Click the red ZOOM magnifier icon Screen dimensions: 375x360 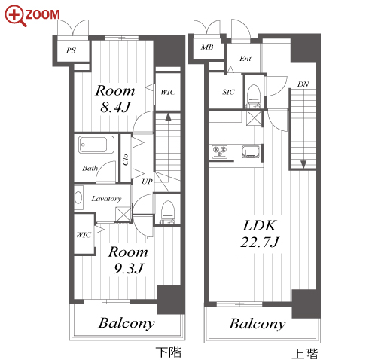[x=15, y=16]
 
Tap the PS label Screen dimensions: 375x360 [x=71, y=50]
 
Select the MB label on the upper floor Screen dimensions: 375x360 [x=207, y=47]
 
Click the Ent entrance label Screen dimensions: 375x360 [x=245, y=59]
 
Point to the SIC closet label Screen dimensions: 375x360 [x=228, y=92]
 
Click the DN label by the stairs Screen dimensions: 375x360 [x=303, y=84]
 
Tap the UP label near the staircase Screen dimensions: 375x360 [x=147, y=182]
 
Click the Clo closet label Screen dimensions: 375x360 [x=126, y=160]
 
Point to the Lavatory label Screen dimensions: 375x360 [x=106, y=199]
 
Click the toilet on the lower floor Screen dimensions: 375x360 [x=167, y=212]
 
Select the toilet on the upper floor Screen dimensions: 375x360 [x=254, y=96]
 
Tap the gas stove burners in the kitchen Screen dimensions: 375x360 [x=220, y=151]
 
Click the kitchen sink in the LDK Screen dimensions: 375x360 [x=252, y=151]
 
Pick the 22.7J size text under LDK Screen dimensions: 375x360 [x=260, y=243]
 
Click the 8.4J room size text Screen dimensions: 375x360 [x=115, y=108]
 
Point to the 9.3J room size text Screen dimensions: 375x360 [x=129, y=269]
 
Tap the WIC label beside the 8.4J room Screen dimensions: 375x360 [x=168, y=92]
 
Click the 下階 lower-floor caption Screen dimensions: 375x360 [x=169, y=352]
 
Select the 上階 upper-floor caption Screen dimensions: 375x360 [x=304, y=353]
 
